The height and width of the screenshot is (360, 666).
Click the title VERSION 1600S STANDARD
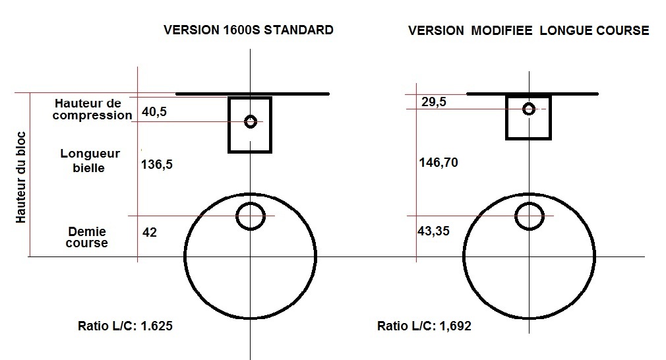[x=249, y=30]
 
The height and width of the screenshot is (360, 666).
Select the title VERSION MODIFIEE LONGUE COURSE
[x=529, y=30]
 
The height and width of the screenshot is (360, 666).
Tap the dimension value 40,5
[x=154, y=112]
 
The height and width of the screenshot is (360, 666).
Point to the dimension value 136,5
[x=157, y=164]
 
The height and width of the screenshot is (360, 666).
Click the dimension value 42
[x=150, y=232]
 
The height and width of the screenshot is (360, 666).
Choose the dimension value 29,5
[x=434, y=102]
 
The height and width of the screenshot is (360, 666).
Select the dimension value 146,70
[x=439, y=163]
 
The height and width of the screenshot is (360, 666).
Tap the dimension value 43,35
[x=433, y=231]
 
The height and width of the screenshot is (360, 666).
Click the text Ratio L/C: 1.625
[x=125, y=326]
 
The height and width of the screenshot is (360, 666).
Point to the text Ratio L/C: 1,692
[x=424, y=326]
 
